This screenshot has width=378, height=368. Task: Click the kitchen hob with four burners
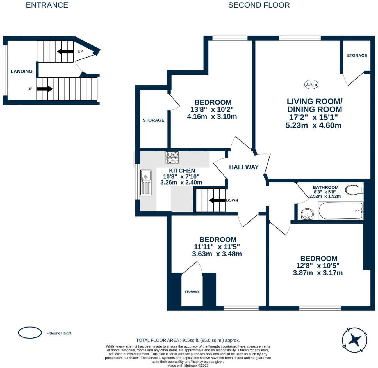172,157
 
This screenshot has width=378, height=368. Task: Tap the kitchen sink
146,182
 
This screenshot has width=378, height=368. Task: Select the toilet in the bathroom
354,190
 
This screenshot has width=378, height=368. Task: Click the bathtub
340,211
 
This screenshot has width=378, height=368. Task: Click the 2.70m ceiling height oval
311,84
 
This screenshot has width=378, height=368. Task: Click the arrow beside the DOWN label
217,200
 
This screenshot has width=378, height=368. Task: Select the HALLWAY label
244,167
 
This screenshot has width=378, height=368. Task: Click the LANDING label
22,71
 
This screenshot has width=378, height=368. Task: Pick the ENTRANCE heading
47,5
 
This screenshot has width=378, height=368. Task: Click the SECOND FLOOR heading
259,5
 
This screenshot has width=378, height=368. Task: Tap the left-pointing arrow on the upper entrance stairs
65,52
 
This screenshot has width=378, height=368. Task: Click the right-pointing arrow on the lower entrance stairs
44,89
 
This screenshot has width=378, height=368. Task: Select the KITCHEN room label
182,171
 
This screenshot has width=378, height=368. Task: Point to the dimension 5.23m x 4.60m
313,125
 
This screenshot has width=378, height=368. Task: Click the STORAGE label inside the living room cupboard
357,56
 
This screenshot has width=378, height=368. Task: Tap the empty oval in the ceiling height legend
30,333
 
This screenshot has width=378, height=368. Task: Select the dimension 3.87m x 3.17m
318,273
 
